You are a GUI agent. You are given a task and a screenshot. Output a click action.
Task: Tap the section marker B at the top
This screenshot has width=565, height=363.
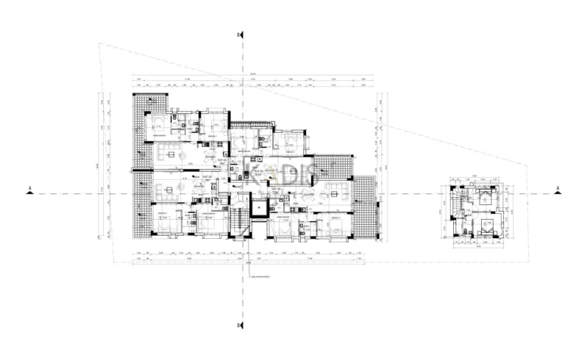(x=239, y=35)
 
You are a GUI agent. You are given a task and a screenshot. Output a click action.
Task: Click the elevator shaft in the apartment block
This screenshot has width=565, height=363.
(x=259, y=206)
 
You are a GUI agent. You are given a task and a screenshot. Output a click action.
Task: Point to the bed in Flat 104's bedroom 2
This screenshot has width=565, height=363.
(x=338, y=226)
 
